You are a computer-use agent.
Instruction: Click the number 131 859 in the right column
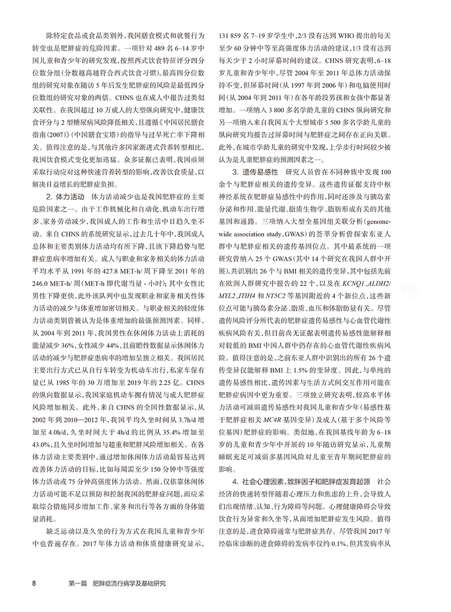tap(236, 37)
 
